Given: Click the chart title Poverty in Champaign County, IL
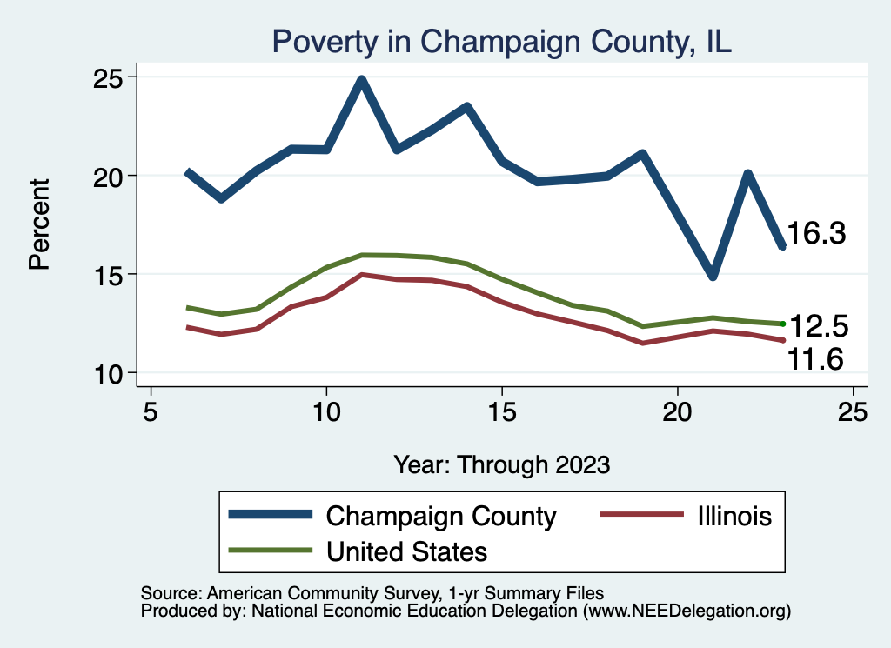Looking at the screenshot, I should point(502,41).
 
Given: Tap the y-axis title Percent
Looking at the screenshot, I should point(39,224).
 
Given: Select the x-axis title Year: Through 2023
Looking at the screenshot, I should point(501,464).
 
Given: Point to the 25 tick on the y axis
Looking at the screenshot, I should point(111,77).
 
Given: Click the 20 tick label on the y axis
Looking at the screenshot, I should point(111,176).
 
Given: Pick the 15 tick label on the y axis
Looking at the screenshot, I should point(111,275).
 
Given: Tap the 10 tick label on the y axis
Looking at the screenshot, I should point(111,373).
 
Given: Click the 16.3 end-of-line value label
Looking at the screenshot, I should point(817,233).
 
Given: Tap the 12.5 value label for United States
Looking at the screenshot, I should point(817,326).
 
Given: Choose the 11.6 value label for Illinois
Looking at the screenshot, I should point(815,357).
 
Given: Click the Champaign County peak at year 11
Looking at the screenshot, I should point(361,80).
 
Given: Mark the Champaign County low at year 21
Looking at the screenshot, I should point(713,276).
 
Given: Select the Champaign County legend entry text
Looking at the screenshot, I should point(441,516).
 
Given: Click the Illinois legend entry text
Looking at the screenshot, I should point(734,516).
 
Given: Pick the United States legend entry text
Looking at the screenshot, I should point(406,551).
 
